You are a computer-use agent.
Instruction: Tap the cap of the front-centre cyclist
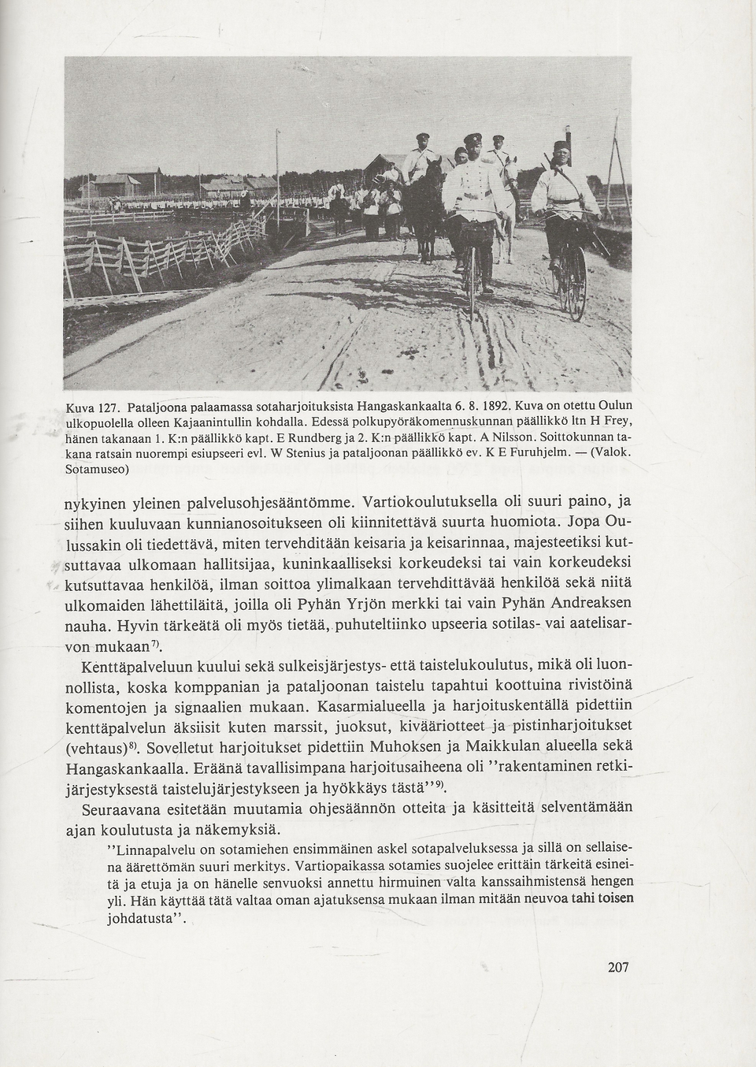click(472, 140)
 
